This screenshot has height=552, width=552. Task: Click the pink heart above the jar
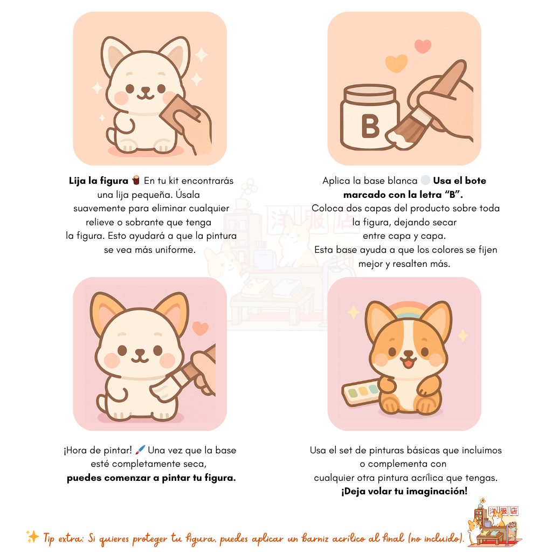(x=423, y=46)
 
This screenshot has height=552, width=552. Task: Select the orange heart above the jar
(x=396, y=64)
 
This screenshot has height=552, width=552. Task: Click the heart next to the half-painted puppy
(x=200, y=328)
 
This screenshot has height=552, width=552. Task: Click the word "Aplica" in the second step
(x=336, y=181)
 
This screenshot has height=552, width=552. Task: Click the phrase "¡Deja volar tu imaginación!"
(x=404, y=491)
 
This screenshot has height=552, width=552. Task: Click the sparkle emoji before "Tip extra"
(x=32, y=536)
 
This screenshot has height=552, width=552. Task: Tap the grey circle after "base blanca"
(x=425, y=181)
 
